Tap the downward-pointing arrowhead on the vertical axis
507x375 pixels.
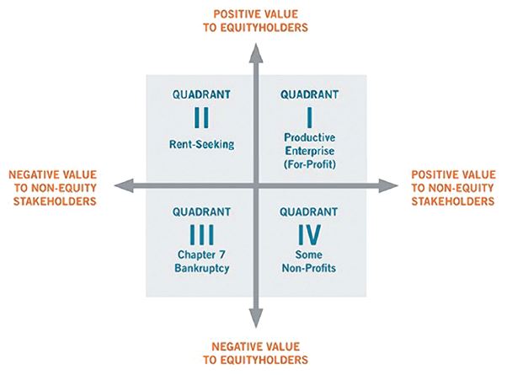point(256,318)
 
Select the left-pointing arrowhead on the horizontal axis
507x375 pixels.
point(124,185)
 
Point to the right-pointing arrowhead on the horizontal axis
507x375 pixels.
point(388,185)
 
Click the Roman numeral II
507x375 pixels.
point(201,117)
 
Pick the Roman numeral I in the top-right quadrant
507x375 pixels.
point(309,117)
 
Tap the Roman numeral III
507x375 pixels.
point(201,234)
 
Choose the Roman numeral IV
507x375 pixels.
point(309,234)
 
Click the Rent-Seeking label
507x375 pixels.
point(202,144)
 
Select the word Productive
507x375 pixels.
point(309,137)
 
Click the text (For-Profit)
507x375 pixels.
point(309,164)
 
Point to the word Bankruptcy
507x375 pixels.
point(202,268)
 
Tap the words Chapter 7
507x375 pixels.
point(201,254)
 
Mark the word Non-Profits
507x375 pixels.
point(309,268)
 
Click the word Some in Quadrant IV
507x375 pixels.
point(308,254)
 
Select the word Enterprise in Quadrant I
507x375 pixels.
point(309,151)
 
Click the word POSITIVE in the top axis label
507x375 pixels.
point(233,14)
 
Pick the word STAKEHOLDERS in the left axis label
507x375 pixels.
point(55,201)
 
